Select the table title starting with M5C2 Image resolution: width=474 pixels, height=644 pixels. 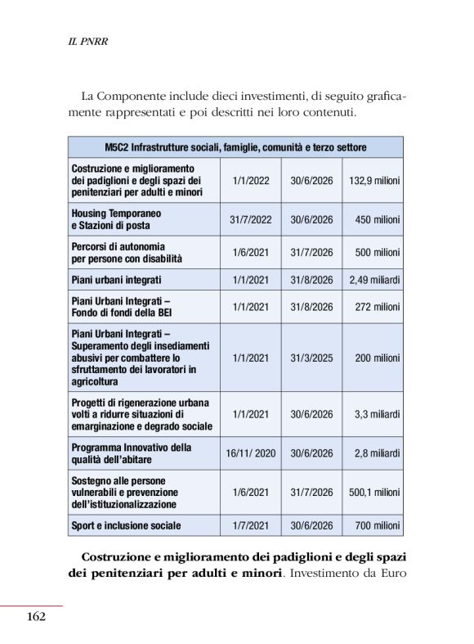click(x=235, y=147)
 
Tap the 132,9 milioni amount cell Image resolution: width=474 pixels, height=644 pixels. click(x=375, y=180)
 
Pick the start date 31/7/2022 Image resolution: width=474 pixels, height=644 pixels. click(x=250, y=219)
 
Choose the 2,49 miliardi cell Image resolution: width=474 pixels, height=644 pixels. click(x=375, y=280)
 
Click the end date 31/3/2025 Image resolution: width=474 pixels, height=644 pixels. click(x=311, y=358)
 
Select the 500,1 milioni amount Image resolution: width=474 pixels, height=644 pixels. click(x=375, y=493)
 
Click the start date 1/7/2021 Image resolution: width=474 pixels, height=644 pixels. click(x=250, y=525)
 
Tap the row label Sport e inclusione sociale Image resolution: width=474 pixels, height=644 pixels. click(x=126, y=525)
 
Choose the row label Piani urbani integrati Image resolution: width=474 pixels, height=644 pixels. click(x=116, y=280)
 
